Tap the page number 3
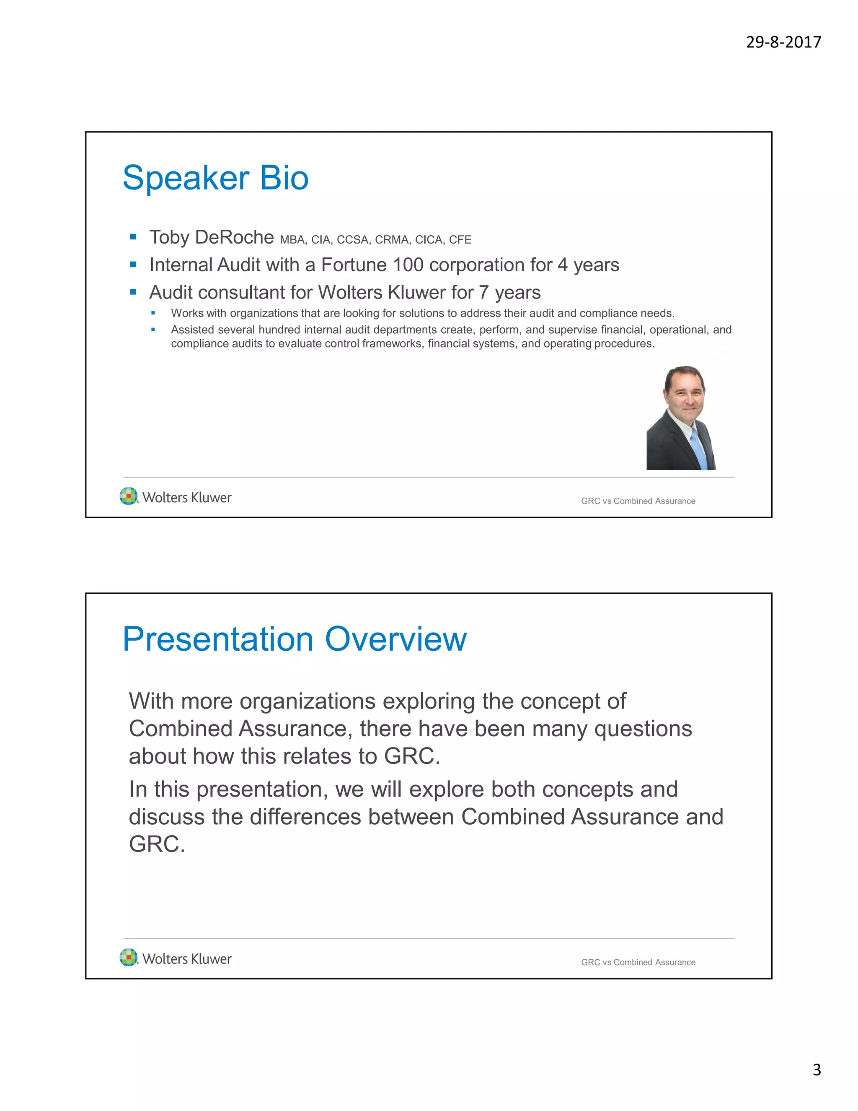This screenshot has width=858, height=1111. [x=817, y=1070]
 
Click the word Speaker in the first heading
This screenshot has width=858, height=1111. [x=186, y=179]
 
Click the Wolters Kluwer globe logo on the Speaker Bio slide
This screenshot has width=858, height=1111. [x=129, y=496]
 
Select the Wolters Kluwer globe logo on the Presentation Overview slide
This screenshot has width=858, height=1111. [x=129, y=958]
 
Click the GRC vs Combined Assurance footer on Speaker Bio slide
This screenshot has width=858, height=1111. [x=638, y=501]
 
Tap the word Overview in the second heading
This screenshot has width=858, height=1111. [x=395, y=639]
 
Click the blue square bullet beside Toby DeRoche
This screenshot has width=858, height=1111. [x=133, y=236]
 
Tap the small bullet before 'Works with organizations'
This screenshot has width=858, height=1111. [x=153, y=313]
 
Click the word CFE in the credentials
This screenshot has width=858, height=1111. [x=460, y=239]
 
